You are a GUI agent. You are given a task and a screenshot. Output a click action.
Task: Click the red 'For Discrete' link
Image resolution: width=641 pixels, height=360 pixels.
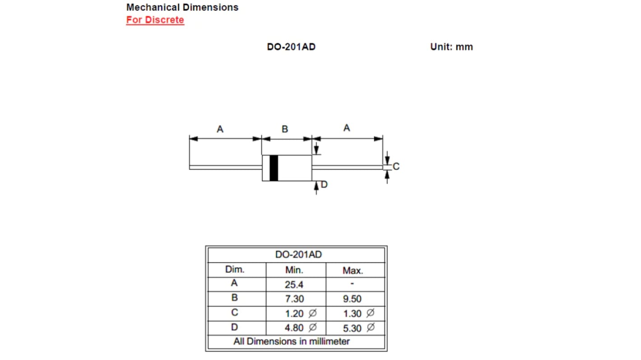click(x=155, y=20)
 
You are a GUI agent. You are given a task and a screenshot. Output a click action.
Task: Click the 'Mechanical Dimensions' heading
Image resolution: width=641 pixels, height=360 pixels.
click(x=182, y=7)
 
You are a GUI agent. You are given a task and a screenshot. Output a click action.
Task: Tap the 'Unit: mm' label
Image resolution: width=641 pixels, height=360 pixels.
click(x=451, y=47)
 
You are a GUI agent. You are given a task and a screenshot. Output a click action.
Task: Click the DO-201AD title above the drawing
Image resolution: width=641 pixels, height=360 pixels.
click(x=291, y=47)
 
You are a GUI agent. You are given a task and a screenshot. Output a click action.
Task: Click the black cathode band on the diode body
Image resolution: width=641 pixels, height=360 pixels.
click(x=274, y=168)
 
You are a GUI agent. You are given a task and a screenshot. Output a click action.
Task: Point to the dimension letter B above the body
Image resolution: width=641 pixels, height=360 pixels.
click(x=285, y=129)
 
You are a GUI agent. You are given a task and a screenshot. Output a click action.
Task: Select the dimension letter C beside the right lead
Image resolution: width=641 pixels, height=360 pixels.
click(x=396, y=166)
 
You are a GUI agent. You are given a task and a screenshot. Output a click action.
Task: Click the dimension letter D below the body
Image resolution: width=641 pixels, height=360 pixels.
click(x=324, y=184)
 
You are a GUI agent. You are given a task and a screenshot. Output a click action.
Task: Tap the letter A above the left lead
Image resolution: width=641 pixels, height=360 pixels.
click(x=220, y=129)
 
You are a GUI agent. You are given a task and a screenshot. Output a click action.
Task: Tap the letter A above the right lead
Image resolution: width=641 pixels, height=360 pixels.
click(x=346, y=128)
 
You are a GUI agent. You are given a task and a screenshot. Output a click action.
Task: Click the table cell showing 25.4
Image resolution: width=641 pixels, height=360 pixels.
click(x=294, y=285)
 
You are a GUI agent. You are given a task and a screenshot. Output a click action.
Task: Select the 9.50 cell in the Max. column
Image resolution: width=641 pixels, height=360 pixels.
click(x=352, y=299)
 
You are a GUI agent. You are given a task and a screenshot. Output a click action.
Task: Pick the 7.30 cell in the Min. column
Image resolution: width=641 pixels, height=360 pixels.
click(x=294, y=299)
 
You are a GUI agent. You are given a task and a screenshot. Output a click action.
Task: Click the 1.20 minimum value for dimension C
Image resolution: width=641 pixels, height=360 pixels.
click(x=295, y=314)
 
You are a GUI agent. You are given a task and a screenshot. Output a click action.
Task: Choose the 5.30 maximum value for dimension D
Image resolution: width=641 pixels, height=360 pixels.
click(x=353, y=328)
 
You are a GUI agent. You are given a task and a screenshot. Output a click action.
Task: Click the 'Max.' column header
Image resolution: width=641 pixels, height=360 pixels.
click(x=353, y=271)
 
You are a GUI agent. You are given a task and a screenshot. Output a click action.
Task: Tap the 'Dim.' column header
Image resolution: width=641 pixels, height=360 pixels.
click(x=235, y=270)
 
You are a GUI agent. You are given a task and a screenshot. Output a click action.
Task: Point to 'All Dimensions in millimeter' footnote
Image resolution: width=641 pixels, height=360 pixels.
click(x=292, y=342)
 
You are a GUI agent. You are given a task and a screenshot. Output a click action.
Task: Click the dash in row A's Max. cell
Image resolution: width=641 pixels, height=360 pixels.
click(x=352, y=285)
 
